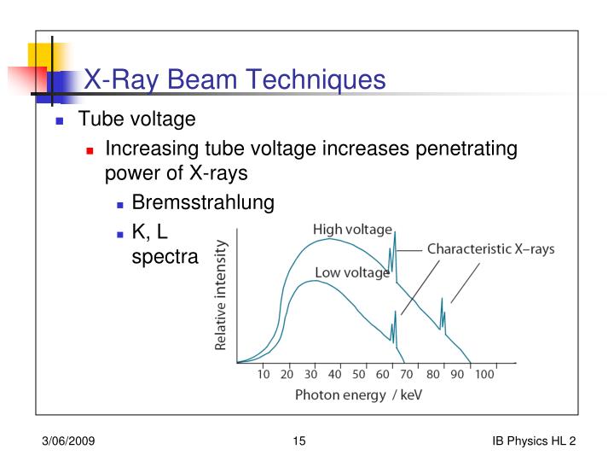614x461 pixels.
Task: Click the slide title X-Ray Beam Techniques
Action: click(x=234, y=80)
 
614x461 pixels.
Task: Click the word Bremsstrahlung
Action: click(x=203, y=202)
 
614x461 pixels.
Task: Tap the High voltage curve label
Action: click(x=352, y=230)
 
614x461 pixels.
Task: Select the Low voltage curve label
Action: click(x=352, y=273)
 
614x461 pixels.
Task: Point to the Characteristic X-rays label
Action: click(x=490, y=249)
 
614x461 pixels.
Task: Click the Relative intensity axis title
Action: click(x=221, y=295)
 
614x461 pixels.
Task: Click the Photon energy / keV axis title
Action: click(x=358, y=394)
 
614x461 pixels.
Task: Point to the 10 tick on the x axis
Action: click(x=264, y=374)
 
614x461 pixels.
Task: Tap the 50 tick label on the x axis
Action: click(x=358, y=374)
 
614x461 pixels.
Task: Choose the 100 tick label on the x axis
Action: click(x=484, y=374)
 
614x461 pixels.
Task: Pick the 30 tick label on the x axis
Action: click(x=311, y=374)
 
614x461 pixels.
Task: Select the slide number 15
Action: click(x=298, y=441)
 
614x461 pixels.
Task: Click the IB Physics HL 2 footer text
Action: click(x=534, y=441)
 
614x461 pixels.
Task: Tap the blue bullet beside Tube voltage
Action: click(x=61, y=120)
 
